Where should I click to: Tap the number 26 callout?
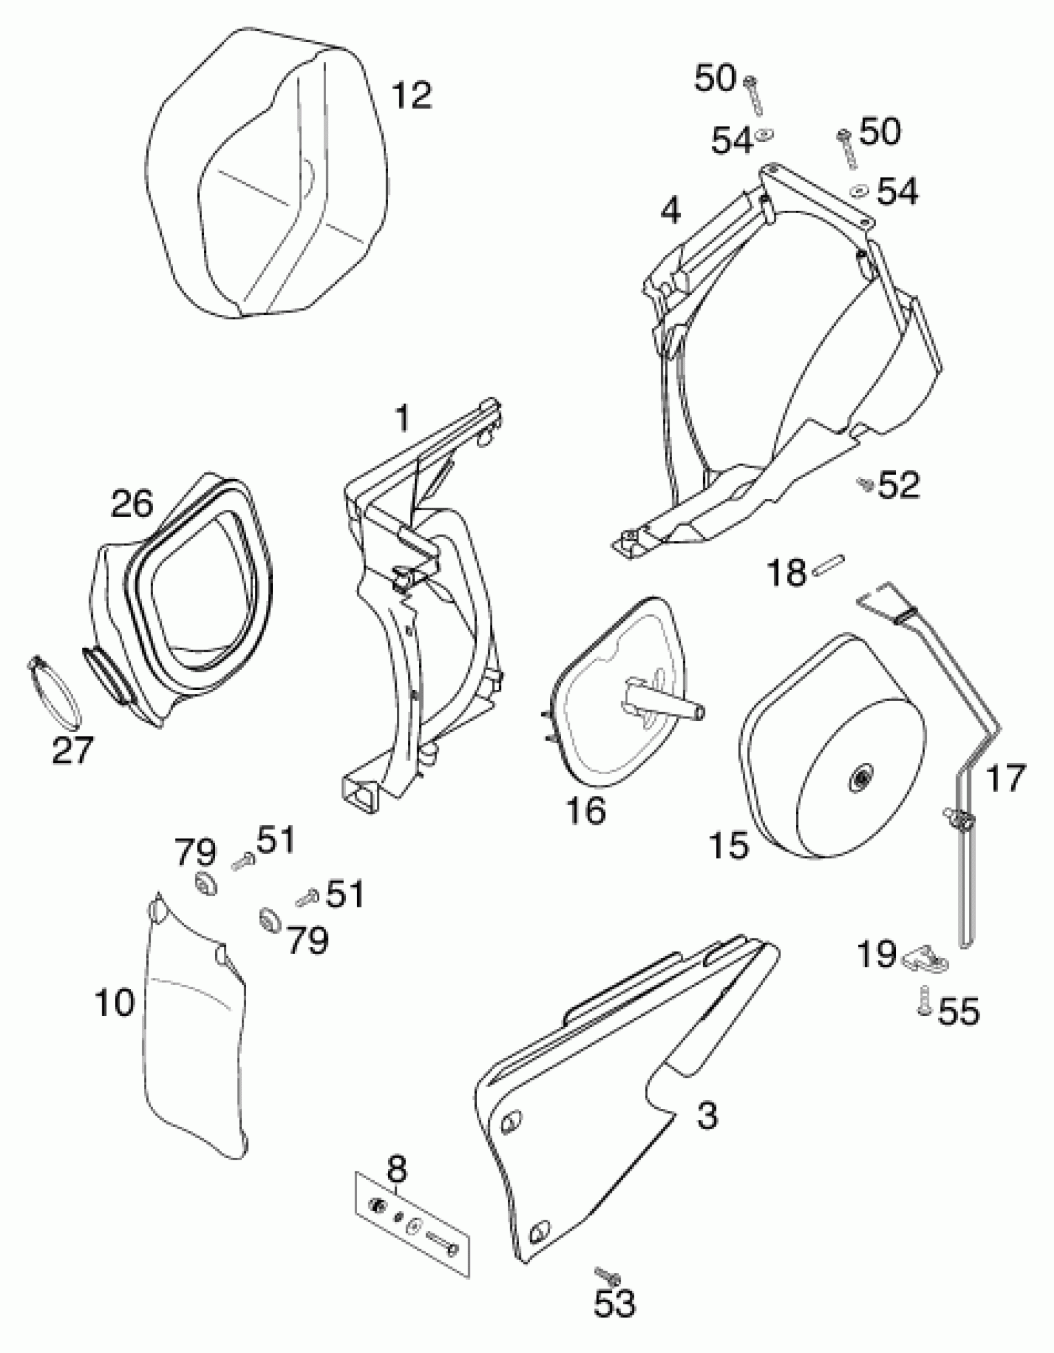pyautogui.click(x=132, y=503)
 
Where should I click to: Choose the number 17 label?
pyautogui.click(x=1006, y=778)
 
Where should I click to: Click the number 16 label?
pyautogui.click(x=586, y=809)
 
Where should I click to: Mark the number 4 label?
pyautogui.click(x=670, y=212)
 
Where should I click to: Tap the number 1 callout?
pyautogui.click(x=403, y=419)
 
